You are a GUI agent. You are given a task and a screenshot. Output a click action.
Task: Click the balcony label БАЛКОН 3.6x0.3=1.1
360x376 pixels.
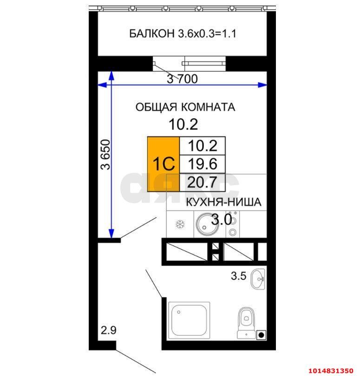[183, 33]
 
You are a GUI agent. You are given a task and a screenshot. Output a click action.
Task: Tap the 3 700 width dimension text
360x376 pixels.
[183, 78]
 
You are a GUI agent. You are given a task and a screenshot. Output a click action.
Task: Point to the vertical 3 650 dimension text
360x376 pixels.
[105, 155]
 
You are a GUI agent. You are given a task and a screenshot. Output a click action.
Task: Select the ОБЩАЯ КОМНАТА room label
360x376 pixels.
[185, 107]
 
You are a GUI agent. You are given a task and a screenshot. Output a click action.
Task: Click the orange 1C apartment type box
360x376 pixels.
[164, 164]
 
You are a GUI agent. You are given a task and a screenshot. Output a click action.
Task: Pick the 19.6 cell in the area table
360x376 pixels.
[203, 164]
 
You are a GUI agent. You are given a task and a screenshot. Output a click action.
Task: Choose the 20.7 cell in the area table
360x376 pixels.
[203, 182]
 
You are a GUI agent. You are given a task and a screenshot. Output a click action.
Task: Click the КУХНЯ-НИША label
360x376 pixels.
[223, 202]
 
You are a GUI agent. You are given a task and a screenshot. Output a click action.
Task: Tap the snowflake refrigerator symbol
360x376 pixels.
[180, 225]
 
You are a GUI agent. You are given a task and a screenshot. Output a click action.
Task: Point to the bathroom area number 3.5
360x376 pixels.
[239, 276]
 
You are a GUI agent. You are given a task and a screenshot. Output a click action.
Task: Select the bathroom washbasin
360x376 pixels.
[258, 279]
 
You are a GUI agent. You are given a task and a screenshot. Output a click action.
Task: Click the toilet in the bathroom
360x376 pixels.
[246, 323]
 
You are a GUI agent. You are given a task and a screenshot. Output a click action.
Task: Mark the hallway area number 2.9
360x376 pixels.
[109, 330]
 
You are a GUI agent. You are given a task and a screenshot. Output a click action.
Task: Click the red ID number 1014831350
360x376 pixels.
[331, 370]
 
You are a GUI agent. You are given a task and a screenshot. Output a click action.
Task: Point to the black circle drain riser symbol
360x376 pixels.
[262, 335]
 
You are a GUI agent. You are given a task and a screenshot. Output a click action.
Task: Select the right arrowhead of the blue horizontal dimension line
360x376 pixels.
[262, 84]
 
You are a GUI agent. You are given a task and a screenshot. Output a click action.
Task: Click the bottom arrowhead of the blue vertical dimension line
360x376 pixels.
[111, 233]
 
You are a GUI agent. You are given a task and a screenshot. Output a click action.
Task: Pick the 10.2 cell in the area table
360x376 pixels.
[203, 146]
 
